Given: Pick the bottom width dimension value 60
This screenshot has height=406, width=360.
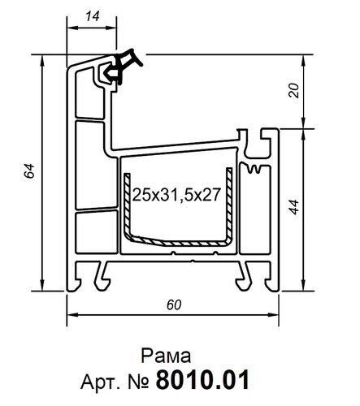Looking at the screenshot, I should (173, 304).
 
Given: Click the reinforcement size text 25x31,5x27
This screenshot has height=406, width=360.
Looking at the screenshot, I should (178, 196).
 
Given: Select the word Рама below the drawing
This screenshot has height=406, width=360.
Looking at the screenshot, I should (166, 355).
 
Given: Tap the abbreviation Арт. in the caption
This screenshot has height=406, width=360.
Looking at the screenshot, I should (101, 380).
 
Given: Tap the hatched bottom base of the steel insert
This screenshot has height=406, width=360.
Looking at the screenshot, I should (178, 242).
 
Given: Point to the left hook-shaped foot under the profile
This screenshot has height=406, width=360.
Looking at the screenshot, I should (101, 274).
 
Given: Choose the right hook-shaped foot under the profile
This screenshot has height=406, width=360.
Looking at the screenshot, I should (245, 274).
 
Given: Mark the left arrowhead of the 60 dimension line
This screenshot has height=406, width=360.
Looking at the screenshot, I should (70, 317).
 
